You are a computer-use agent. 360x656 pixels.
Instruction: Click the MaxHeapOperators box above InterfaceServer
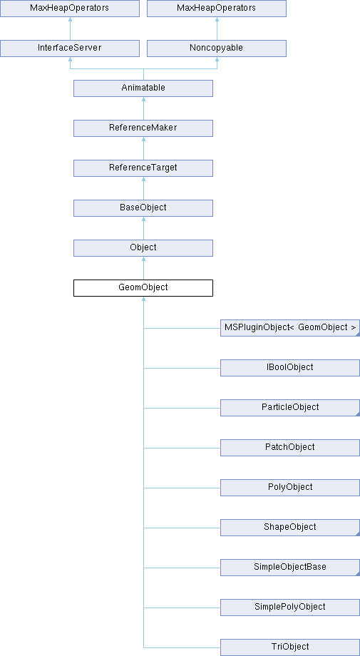click(70, 9)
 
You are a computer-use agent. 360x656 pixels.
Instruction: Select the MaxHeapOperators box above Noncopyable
click(217, 9)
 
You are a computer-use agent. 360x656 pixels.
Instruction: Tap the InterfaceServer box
click(70, 48)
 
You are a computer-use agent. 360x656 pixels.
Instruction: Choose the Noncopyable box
click(217, 48)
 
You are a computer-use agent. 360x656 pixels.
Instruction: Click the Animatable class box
click(143, 88)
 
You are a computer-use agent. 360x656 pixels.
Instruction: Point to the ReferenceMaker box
click(143, 128)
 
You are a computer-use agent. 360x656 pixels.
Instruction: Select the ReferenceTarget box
click(143, 168)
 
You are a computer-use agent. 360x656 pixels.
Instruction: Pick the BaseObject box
click(143, 208)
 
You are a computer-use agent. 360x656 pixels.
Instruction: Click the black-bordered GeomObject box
click(143, 288)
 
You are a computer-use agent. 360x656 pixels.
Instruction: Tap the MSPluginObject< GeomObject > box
click(290, 328)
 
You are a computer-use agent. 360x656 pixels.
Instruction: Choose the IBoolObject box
click(290, 368)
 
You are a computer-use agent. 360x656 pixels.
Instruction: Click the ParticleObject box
click(290, 407)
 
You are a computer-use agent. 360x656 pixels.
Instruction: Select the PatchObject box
click(290, 448)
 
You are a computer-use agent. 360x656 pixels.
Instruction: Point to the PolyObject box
click(290, 488)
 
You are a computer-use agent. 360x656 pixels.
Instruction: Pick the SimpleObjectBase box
click(290, 568)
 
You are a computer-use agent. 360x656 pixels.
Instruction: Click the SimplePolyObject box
click(290, 607)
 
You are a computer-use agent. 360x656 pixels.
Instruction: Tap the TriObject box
click(290, 647)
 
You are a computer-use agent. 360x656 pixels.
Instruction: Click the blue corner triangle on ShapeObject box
click(358, 534)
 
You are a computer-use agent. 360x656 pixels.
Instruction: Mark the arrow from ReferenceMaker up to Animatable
click(143, 108)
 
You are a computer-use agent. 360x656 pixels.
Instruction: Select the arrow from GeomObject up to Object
click(143, 268)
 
